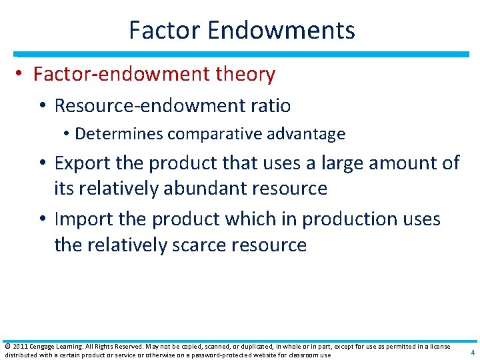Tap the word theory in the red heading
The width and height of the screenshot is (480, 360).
pos(245,74)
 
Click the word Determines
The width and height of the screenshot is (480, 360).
pos(119,134)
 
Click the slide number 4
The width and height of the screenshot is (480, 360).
pos(473,353)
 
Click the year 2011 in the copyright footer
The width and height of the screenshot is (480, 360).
pos(19,346)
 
